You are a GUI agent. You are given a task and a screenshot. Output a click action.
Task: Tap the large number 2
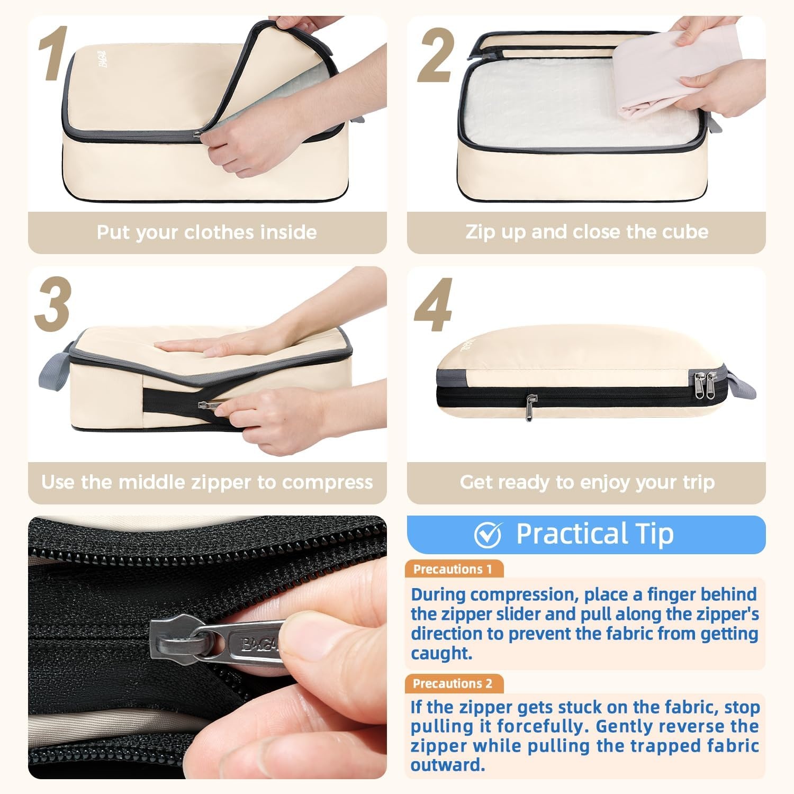tap(436, 56)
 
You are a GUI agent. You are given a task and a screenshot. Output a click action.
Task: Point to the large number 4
tap(434, 305)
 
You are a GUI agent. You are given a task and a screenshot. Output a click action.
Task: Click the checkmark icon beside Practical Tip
tap(488, 535)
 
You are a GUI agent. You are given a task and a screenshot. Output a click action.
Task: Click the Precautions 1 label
tap(453, 569)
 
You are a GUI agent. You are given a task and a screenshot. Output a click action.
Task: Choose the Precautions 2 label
tap(453, 683)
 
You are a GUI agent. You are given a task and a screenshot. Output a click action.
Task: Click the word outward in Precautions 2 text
tap(448, 765)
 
